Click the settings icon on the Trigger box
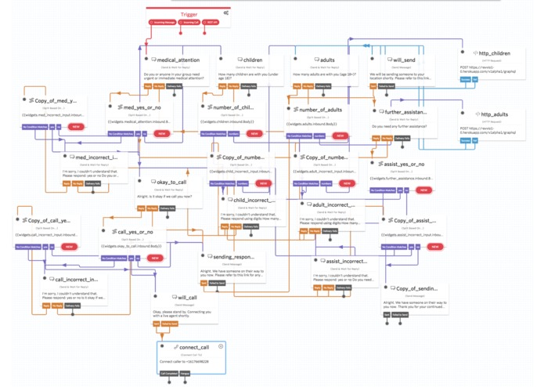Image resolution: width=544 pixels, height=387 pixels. point(225,13)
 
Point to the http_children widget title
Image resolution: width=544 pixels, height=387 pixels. point(495,54)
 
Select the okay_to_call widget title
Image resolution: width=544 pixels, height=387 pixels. point(171,182)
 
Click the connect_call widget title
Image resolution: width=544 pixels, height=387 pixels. point(192,346)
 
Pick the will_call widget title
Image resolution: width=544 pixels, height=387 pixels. point(186,298)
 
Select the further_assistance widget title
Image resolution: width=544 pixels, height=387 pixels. point(405,113)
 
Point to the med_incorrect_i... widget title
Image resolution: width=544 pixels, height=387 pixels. point(97,157)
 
